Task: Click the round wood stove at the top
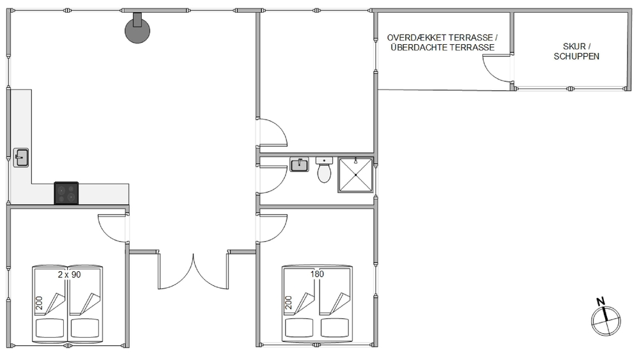[x=137, y=30]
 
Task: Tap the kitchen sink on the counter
[x=21, y=157]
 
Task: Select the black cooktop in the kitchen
[x=66, y=193]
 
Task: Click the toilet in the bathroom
[x=324, y=170]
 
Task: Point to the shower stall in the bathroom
[x=355, y=175]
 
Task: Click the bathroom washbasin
[x=299, y=165]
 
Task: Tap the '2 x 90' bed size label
[x=69, y=274]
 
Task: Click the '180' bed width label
[x=317, y=274]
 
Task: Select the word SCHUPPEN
[x=576, y=56]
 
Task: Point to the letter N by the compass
[x=600, y=302]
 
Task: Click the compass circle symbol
[x=606, y=321]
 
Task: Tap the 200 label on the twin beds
[x=39, y=303]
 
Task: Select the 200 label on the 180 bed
[x=289, y=302]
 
